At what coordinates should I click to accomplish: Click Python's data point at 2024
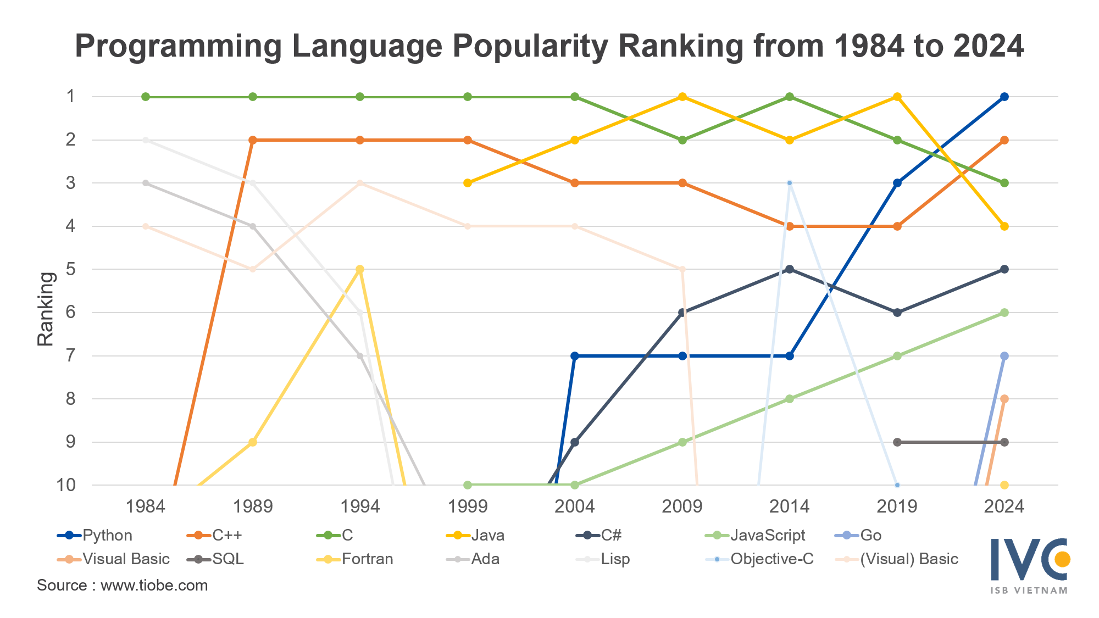[x=1004, y=97]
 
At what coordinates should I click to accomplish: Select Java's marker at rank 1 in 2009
[x=682, y=97]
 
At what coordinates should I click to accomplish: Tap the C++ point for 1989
[x=253, y=140]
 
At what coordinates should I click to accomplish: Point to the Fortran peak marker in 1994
[x=360, y=269]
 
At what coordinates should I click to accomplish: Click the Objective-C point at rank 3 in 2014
[x=789, y=183]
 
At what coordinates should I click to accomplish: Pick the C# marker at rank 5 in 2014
[x=789, y=269]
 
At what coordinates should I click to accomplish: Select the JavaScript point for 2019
[x=897, y=356]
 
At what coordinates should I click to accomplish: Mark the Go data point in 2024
[x=1004, y=356]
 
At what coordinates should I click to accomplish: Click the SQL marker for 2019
[x=897, y=442]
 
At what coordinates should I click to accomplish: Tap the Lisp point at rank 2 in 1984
[x=146, y=140]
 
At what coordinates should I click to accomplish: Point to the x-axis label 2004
[x=574, y=506]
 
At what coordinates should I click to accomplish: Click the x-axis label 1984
[x=146, y=506]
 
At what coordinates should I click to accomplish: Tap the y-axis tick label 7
[x=70, y=356]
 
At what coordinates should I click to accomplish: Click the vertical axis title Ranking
[x=46, y=309]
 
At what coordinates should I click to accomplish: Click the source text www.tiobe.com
[x=154, y=586]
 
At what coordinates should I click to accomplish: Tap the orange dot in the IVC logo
[x=1062, y=559]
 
